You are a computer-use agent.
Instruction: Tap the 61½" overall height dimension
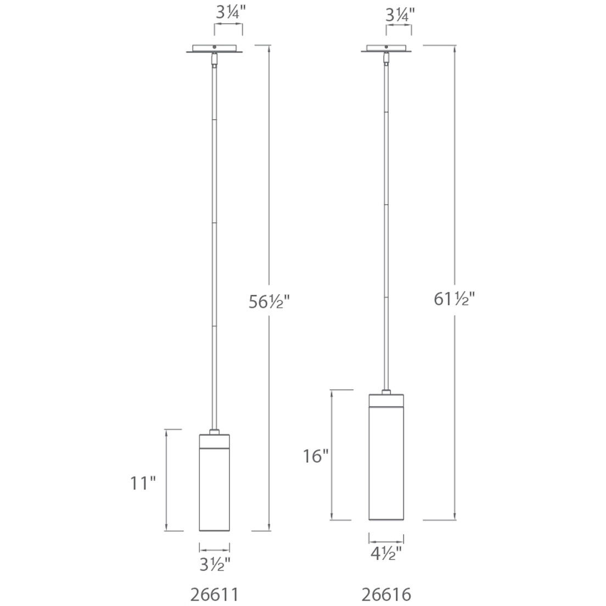(x=454, y=299)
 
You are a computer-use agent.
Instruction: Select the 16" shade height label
(x=316, y=456)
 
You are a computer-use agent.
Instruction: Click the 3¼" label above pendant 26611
(x=227, y=15)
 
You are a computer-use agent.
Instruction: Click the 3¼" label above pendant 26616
(x=399, y=15)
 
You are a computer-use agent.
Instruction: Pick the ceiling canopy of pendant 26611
(x=214, y=49)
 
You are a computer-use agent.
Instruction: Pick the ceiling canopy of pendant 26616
(x=386, y=49)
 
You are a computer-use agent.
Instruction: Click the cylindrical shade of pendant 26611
(x=214, y=489)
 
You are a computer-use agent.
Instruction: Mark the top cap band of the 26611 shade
(x=214, y=441)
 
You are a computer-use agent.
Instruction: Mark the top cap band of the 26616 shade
(x=386, y=400)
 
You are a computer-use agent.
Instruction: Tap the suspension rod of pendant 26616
(x=386, y=220)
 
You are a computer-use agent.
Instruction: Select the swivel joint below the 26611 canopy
(x=214, y=59)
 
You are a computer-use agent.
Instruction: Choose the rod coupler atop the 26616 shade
(x=386, y=392)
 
